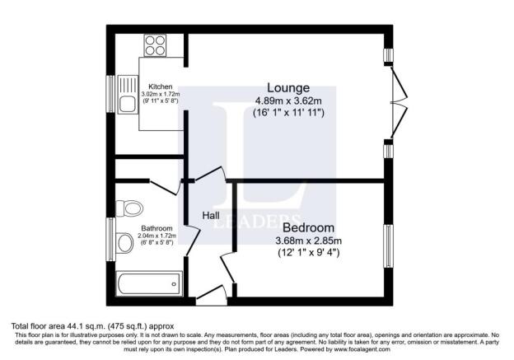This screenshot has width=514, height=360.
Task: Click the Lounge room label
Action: (288, 88)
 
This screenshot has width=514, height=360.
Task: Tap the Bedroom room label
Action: (308, 227)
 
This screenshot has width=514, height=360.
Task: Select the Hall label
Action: (211, 215)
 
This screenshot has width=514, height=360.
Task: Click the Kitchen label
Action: (161, 86)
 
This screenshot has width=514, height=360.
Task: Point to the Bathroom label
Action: (157, 228)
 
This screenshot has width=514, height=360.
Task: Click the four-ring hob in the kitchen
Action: (155, 45)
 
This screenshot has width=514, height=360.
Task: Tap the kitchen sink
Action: (128, 94)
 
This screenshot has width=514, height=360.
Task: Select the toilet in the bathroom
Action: (129, 208)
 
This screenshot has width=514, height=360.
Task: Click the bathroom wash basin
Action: (124, 243)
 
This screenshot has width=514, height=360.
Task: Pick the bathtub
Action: (149, 284)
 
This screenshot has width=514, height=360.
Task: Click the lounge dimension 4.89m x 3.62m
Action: (288, 101)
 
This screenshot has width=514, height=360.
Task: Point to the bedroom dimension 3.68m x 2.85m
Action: (308, 241)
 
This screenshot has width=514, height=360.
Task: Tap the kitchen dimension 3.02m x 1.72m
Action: (161, 94)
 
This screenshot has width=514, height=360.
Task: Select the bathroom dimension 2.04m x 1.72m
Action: (157, 236)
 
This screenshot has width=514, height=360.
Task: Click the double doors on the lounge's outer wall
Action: (399, 102)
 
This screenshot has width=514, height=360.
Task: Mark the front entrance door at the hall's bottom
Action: (212, 296)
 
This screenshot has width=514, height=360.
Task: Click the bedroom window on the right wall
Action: (388, 245)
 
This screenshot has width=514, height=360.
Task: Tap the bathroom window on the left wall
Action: (111, 240)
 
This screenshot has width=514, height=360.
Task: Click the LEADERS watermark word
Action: (257, 221)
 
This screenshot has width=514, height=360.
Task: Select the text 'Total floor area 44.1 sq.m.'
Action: (58, 326)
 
